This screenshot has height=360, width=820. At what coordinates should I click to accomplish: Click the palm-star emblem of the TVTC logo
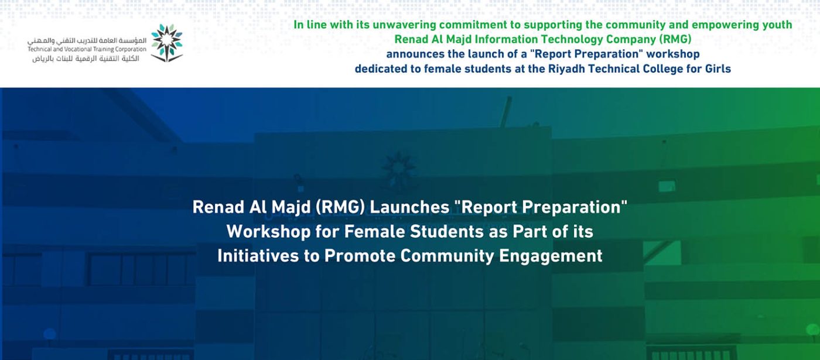coord(167,43)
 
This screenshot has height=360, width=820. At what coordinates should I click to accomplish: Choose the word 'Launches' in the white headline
coord(409,207)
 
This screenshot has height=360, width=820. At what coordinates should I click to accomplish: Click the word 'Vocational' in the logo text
coord(79,49)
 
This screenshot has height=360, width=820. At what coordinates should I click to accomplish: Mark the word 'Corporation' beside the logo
coord(131,49)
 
